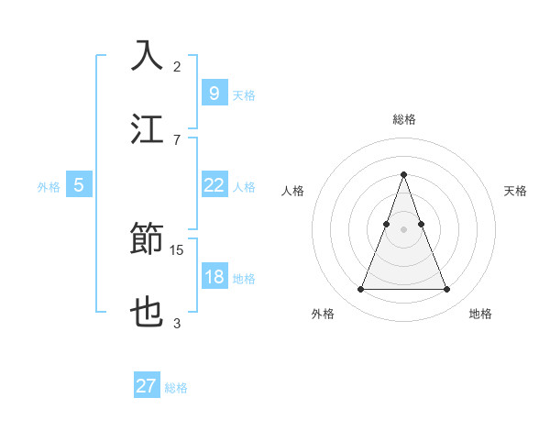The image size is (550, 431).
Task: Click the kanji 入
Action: [148, 56]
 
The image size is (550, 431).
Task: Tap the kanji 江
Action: [148, 128]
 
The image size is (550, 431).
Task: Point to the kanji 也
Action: [148, 313]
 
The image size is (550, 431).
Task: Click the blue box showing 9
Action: [214, 93]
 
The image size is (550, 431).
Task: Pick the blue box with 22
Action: [214, 185]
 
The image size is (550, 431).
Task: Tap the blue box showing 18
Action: [214, 277]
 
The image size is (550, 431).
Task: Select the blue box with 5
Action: [79, 185]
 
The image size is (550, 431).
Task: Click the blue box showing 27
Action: [147, 386]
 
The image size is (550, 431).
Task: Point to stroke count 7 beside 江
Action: [177, 138]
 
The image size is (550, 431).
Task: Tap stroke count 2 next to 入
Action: [177, 66]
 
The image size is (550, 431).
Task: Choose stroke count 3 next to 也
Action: [177, 323]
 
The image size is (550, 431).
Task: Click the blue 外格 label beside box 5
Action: [49, 186]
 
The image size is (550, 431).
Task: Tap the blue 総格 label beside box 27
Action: [176, 387]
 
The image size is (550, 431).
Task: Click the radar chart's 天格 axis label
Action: [515, 191]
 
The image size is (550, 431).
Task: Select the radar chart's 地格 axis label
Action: [480, 314]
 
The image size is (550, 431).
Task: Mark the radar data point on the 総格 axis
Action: [403, 174]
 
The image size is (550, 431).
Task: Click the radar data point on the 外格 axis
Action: [360, 290]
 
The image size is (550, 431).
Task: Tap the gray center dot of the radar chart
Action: [403, 229]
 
